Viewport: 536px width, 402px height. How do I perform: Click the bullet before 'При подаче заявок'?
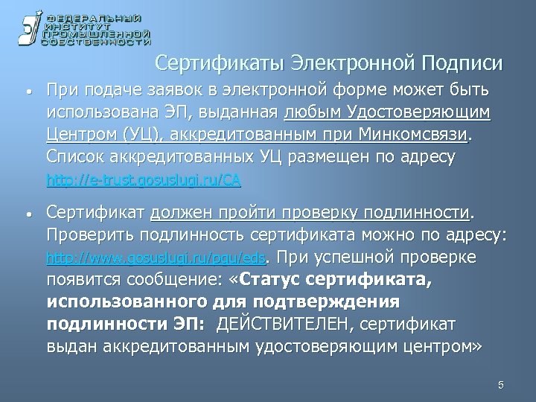[28, 93]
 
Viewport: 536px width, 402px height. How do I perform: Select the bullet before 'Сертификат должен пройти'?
[28, 215]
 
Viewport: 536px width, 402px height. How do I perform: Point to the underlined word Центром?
[77, 135]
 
